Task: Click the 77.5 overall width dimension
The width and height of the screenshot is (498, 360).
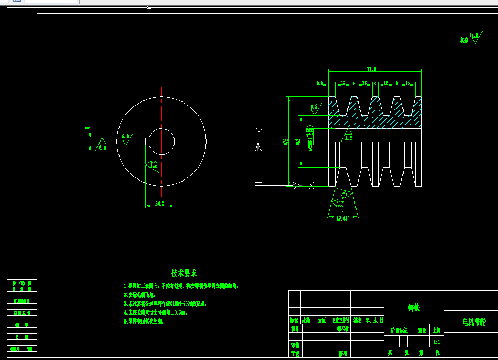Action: coord(371,69)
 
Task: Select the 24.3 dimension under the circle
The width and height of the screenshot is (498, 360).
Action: coord(159,204)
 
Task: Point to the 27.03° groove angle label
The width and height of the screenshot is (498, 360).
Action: coord(342,218)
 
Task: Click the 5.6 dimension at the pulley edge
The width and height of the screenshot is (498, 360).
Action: coord(320,83)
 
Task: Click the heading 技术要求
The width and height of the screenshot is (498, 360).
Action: coord(185,273)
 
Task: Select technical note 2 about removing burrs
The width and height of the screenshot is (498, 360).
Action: coord(140,294)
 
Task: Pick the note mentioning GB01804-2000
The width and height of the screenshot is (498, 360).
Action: coord(165,303)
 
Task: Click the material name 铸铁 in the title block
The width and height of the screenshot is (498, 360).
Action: coord(414,308)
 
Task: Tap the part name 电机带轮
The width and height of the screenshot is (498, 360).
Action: coord(473,323)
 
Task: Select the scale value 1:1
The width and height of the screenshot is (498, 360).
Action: coord(437,342)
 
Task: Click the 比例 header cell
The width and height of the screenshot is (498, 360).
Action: coord(437,331)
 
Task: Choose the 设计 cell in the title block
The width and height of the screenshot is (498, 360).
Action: coord(295,330)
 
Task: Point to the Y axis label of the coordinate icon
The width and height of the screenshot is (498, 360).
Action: coord(259,131)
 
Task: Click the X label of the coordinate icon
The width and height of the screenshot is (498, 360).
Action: coord(312,186)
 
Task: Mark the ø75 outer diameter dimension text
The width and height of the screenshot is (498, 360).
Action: coord(286,142)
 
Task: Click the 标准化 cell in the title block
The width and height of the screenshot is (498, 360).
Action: coord(343,330)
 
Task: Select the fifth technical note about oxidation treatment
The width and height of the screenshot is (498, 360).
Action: coord(144,322)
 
